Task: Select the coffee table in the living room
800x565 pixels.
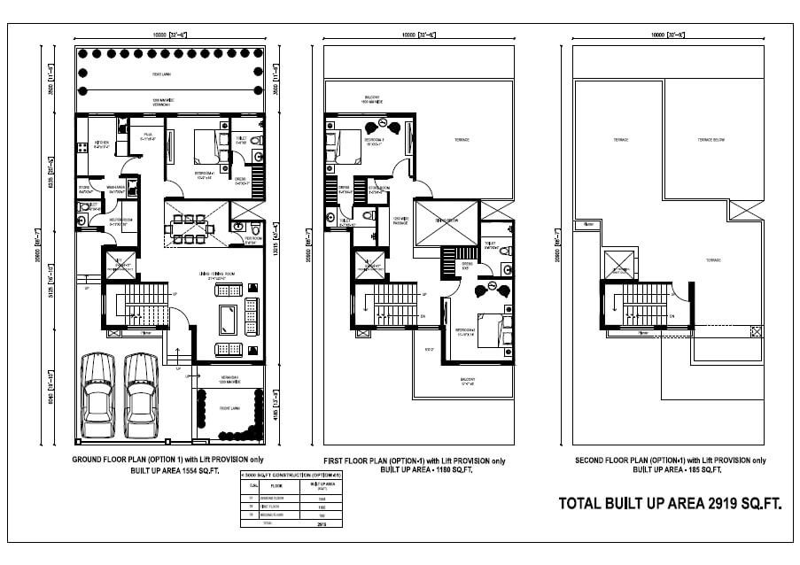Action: [x=227, y=318]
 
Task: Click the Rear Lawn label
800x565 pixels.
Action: [x=161, y=74]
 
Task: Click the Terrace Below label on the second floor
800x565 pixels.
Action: [x=711, y=140]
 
